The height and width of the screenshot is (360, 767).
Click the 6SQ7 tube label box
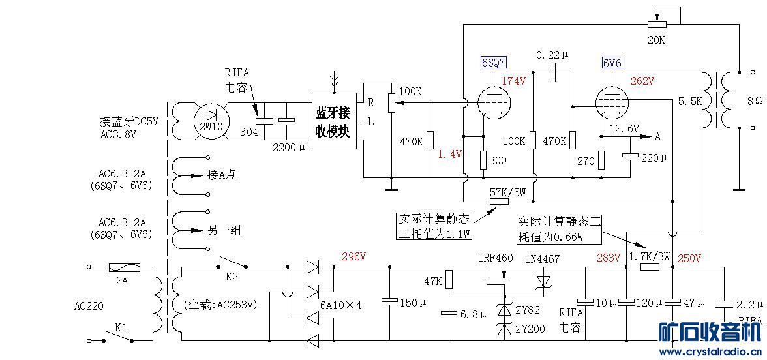tap(494, 63)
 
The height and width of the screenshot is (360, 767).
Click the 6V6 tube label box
tap(613, 63)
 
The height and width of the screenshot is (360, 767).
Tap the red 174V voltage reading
tap(515, 81)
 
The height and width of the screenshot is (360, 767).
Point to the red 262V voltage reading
tap(643, 81)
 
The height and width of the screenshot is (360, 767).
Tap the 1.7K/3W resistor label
tap(649, 257)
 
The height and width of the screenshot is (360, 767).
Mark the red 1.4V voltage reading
tap(449, 154)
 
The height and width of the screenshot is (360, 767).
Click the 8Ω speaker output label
tap(755, 101)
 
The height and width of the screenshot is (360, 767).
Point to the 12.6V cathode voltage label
tap(624, 128)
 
